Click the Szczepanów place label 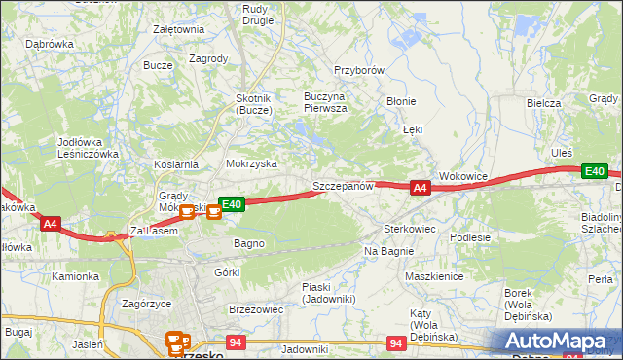click(x=343, y=185)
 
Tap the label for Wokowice click(x=462, y=176)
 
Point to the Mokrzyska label click(x=251, y=164)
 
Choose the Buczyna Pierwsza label click(x=325, y=103)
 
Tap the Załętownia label click(x=179, y=29)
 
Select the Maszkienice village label click(x=433, y=276)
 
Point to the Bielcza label click(x=544, y=103)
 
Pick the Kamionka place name click(x=76, y=276)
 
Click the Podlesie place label click(x=469, y=236)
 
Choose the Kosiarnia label click(x=175, y=164)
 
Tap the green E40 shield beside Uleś click(x=594, y=171)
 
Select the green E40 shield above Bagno click(x=231, y=204)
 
